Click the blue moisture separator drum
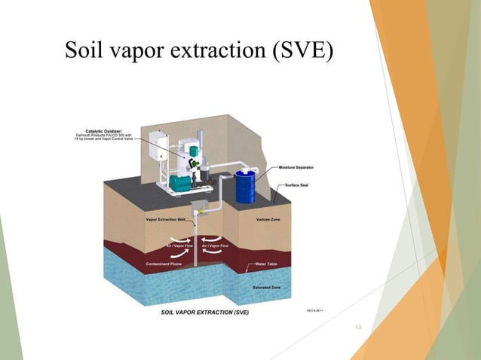pos(245,186)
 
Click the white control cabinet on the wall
pos(158,146)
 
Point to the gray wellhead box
pos(200,207)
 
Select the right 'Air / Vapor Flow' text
pos(216,246)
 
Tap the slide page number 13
pos(357,326)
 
